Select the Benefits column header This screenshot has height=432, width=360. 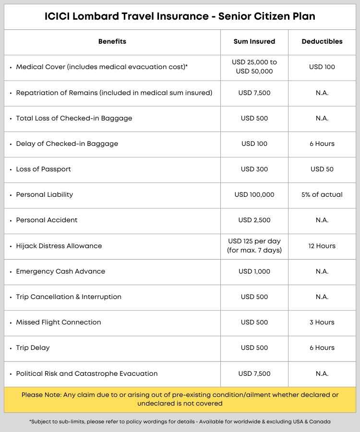pyautogui.click(x=112, y=42)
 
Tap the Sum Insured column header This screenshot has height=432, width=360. pyautogui.click(x=254, y=42)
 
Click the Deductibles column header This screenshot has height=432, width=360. pyautogui.click(x=322, y=42)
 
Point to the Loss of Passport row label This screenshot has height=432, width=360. pyautogui.click(x=44, y=169)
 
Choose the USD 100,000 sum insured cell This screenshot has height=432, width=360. pyautogui.click(x=254, y=194)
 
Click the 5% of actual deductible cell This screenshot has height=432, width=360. pyautogui.click(x=322, y=194)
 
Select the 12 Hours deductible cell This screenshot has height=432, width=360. pyautogui.click(x=322, y=246)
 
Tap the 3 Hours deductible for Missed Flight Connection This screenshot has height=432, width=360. pyautogui.click(x=322, y=322)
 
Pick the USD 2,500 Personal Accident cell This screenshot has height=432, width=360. pyautogui.click(x=254, y=220)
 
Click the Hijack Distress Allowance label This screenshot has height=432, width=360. pyautogui.click(x=59, y=246)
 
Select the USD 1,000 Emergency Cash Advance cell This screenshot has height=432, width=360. pyautogui.click(x=254, y=271)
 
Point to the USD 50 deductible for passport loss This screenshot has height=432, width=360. pyautogui.click(x=322, y=169)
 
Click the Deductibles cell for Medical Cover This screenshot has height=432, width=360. pyautogui.click(x=322, y=67)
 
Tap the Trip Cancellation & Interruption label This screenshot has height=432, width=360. pyautogui.click(x=69, y=297)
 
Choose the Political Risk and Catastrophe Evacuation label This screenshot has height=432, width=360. pyautogui.click(x=87, y=373)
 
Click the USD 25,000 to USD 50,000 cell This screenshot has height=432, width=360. pyautogui.click(x=254, y=67)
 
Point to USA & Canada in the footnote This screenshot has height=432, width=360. pyautogui.click(x=309, y=421)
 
